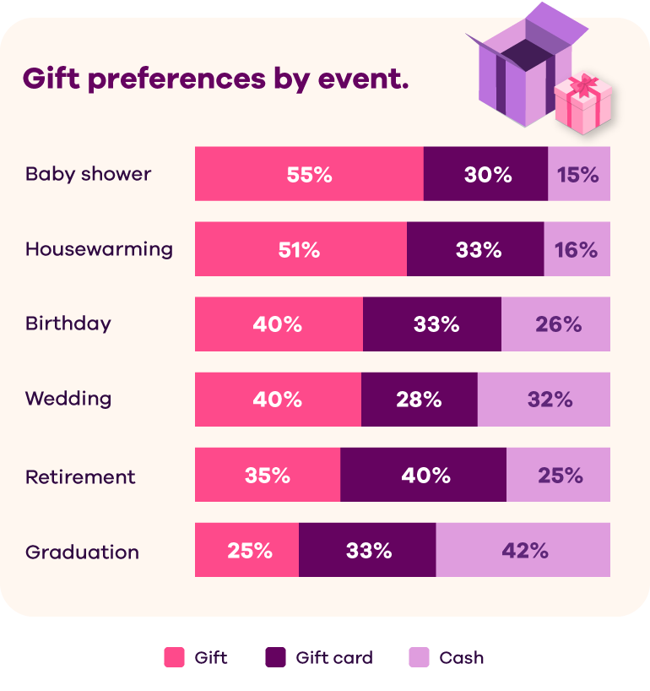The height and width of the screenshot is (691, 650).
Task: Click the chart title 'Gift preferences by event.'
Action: click(x=215, y=79)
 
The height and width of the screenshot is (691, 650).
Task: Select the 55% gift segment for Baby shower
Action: click(x=309, y=174)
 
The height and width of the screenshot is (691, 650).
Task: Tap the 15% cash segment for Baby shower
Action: click(x=578, y=174)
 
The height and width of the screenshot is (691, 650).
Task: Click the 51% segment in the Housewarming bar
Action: click(x=301, y=249)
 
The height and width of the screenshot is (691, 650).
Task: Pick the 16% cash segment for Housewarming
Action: click(x=577, y=249)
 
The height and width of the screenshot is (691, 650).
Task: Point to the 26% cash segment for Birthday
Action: click(x=555, y=324)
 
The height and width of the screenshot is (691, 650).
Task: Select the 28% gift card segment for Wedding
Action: click(x=419, y=400)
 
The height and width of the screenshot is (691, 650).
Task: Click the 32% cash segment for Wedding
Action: click(x=544, y=400)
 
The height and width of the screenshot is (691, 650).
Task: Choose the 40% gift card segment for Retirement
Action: click(x=423, y=475)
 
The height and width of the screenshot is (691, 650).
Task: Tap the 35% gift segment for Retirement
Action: click(x=268, y=475)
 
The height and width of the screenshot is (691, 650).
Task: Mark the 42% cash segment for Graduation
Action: click(x=523, y=550)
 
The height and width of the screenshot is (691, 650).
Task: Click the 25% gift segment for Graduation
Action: click(x=246, y=550)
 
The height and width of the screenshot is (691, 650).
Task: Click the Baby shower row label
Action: click(x=88, y=174)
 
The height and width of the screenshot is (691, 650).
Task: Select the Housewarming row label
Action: click(x=99, y=249)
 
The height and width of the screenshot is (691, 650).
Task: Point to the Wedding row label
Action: click(x=68, y=399)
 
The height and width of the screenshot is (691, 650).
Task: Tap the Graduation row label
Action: click(x=82, y=552)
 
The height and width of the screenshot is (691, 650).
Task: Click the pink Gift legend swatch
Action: click(x=174, y=657)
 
